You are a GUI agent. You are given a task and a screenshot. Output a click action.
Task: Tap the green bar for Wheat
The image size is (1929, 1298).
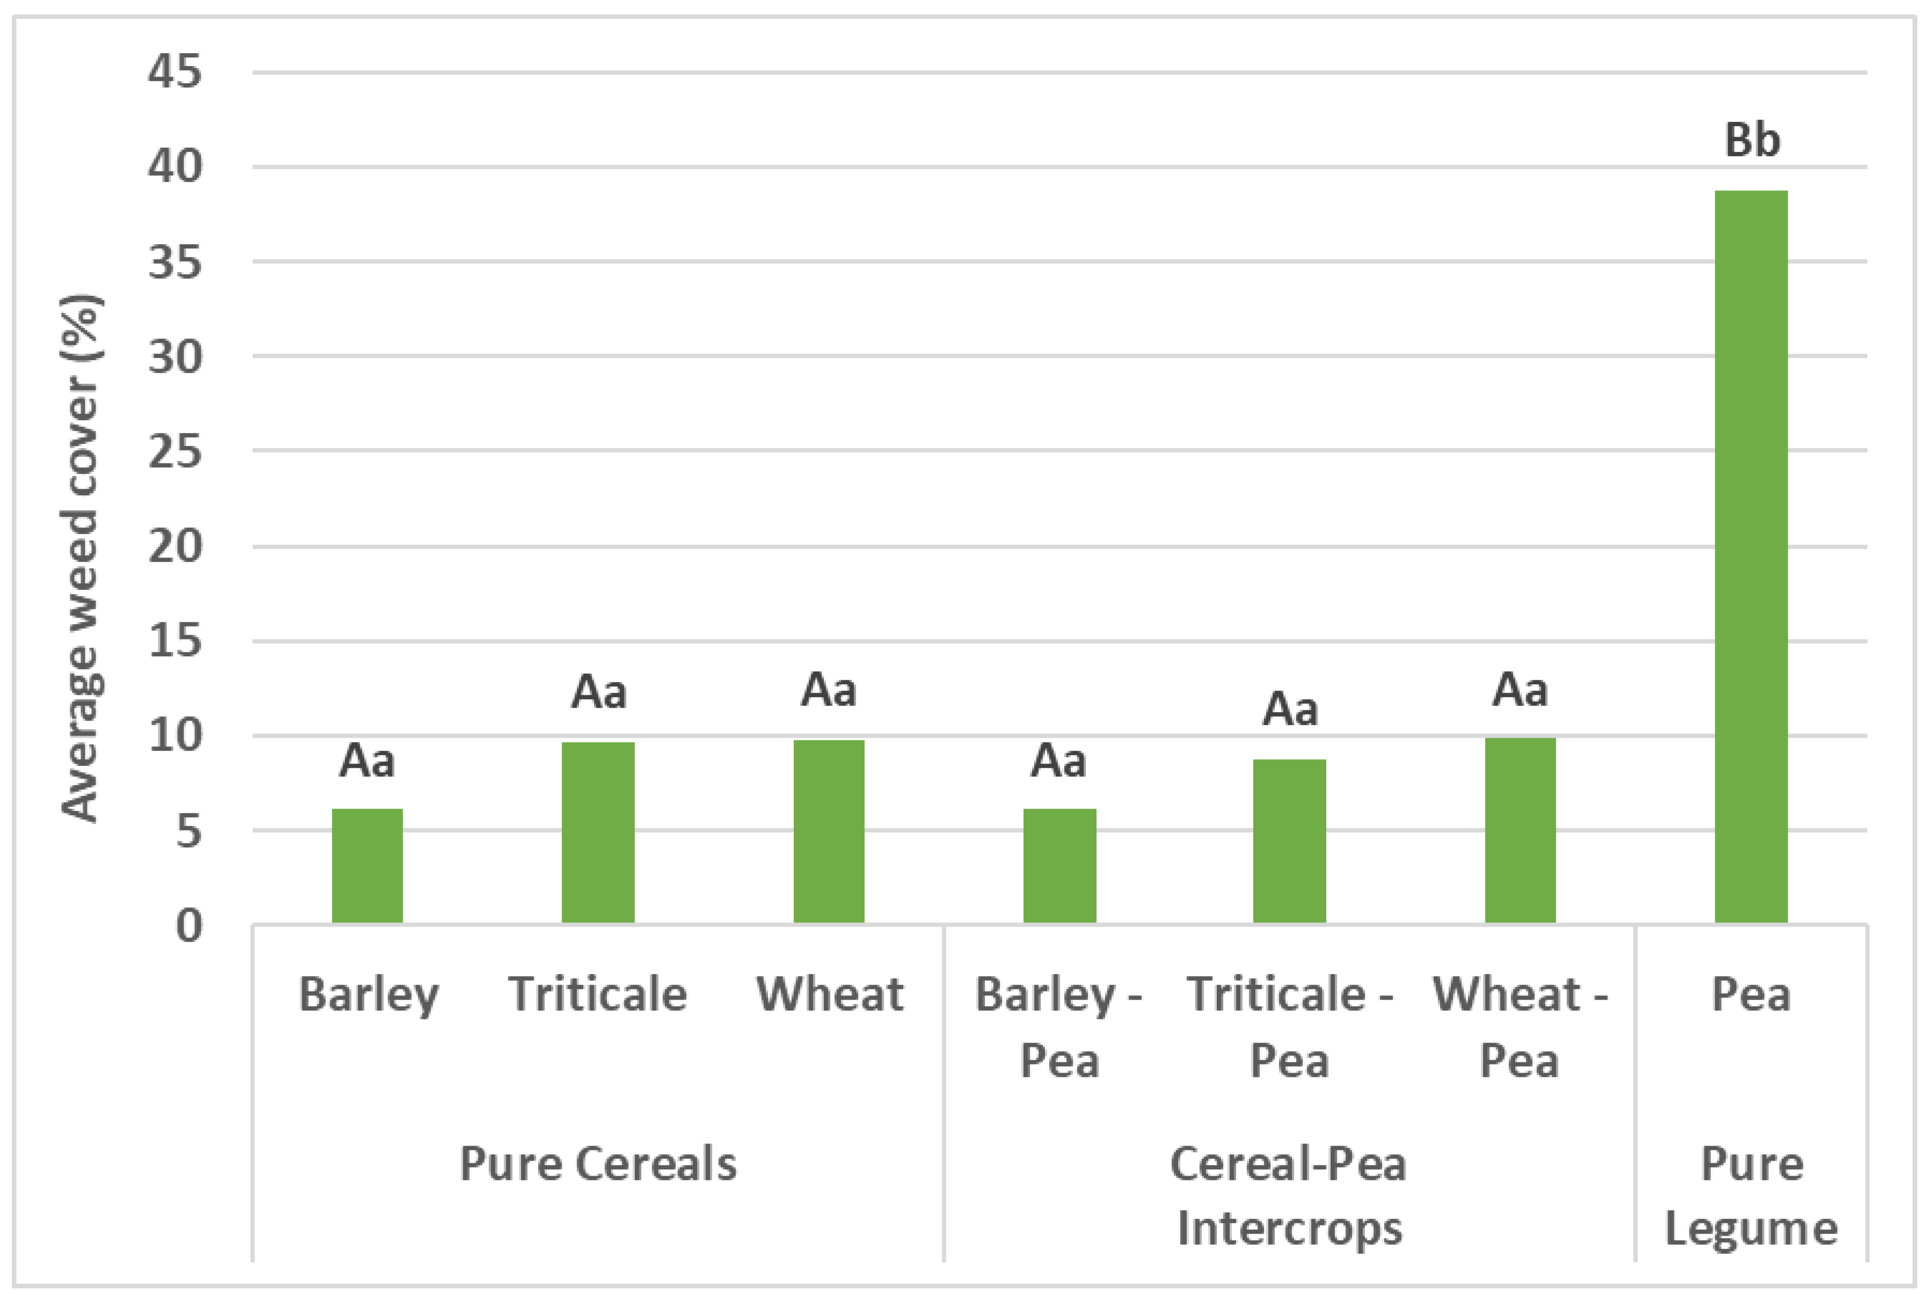pyautogui.click(x=829, y=831)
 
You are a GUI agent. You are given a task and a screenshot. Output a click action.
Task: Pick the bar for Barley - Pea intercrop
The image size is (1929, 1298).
pyautogui.click(x=1059, y=866)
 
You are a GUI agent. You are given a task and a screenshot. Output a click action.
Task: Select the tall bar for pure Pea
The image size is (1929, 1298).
pyautogui.click(x=1751, y=556)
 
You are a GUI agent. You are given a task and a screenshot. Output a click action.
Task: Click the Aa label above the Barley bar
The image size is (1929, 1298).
pyautogui.click(x=367, y=761)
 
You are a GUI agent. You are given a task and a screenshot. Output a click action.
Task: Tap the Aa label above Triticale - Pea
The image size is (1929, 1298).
pyautogui.click(x=1290, y=709)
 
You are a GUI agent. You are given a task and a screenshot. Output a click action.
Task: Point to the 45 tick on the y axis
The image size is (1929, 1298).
pyautogui.click(x=174, y=72)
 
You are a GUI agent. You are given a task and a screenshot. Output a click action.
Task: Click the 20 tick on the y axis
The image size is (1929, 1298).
pyautogui.click(x=174, y=546)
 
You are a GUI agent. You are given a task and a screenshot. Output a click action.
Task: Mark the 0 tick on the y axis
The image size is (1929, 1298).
pyautogui.click(x=189, y=926)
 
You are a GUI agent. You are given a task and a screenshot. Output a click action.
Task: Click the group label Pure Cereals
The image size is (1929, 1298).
pyautogui.click(x=598, y=1163)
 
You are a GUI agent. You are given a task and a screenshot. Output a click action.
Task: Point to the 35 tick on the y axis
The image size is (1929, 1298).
pyautogui.click(x=174, y=262)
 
